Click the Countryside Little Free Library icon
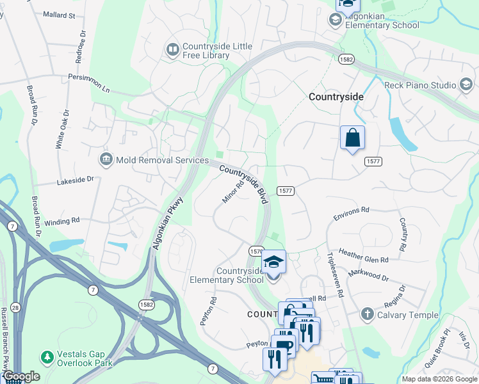point(172,49)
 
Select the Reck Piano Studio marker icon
point(466,85)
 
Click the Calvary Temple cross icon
point(368,314)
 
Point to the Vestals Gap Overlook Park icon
point(46,356)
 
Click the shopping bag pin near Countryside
point(352,138)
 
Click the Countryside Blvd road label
point(243,185)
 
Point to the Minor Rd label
point(234,191)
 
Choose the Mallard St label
point(59,14)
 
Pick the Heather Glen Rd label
point(363,256)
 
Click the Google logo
point(21,376)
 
